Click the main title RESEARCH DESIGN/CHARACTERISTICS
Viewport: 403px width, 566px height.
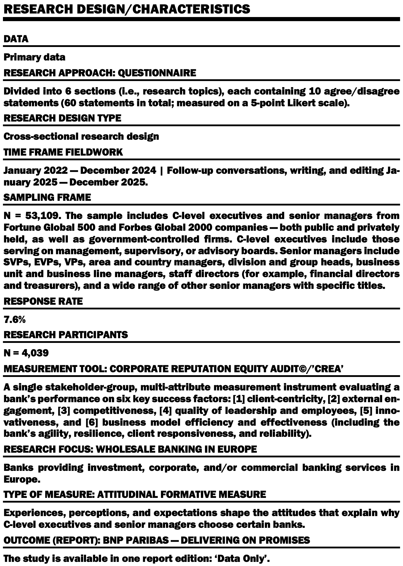tap(127, 9)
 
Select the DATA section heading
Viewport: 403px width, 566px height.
tap(16, 39)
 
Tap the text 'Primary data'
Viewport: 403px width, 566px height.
tap(34, 57)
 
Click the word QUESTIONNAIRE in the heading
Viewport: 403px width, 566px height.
tap(157, 73)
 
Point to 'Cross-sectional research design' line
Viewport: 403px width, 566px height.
tap(81, 137)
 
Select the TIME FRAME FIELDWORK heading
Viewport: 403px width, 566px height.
tap(63, 152)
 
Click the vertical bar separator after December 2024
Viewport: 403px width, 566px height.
tap(161, 171)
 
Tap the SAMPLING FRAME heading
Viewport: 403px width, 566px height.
tap(47, 197)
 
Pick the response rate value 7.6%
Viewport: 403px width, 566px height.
tap(15, 320)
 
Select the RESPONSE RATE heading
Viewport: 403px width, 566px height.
tap(43, 301)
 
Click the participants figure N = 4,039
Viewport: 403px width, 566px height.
tap(26, 353)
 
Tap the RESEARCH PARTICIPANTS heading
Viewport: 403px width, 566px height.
tap(66, 335)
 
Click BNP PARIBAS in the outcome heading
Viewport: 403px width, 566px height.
tap(136, 540)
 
